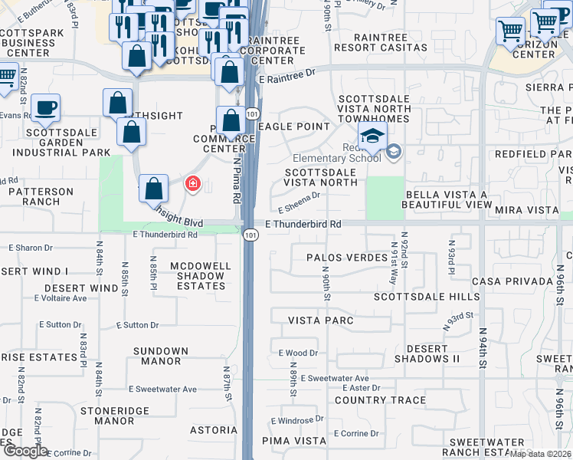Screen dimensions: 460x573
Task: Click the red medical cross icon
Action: tap(192, 184)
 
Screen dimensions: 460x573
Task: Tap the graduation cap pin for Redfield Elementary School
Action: tap(372, 136)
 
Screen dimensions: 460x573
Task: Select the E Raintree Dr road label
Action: tap(287, 78)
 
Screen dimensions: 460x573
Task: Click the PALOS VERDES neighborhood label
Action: tap(346, 258)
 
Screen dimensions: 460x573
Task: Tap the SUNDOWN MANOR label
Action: tap(161, 356)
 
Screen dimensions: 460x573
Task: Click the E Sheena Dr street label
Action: tap(299, 203)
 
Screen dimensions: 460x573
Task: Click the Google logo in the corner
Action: tap(25, 451)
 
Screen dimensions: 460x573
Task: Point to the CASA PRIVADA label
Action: tap(512, 281)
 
